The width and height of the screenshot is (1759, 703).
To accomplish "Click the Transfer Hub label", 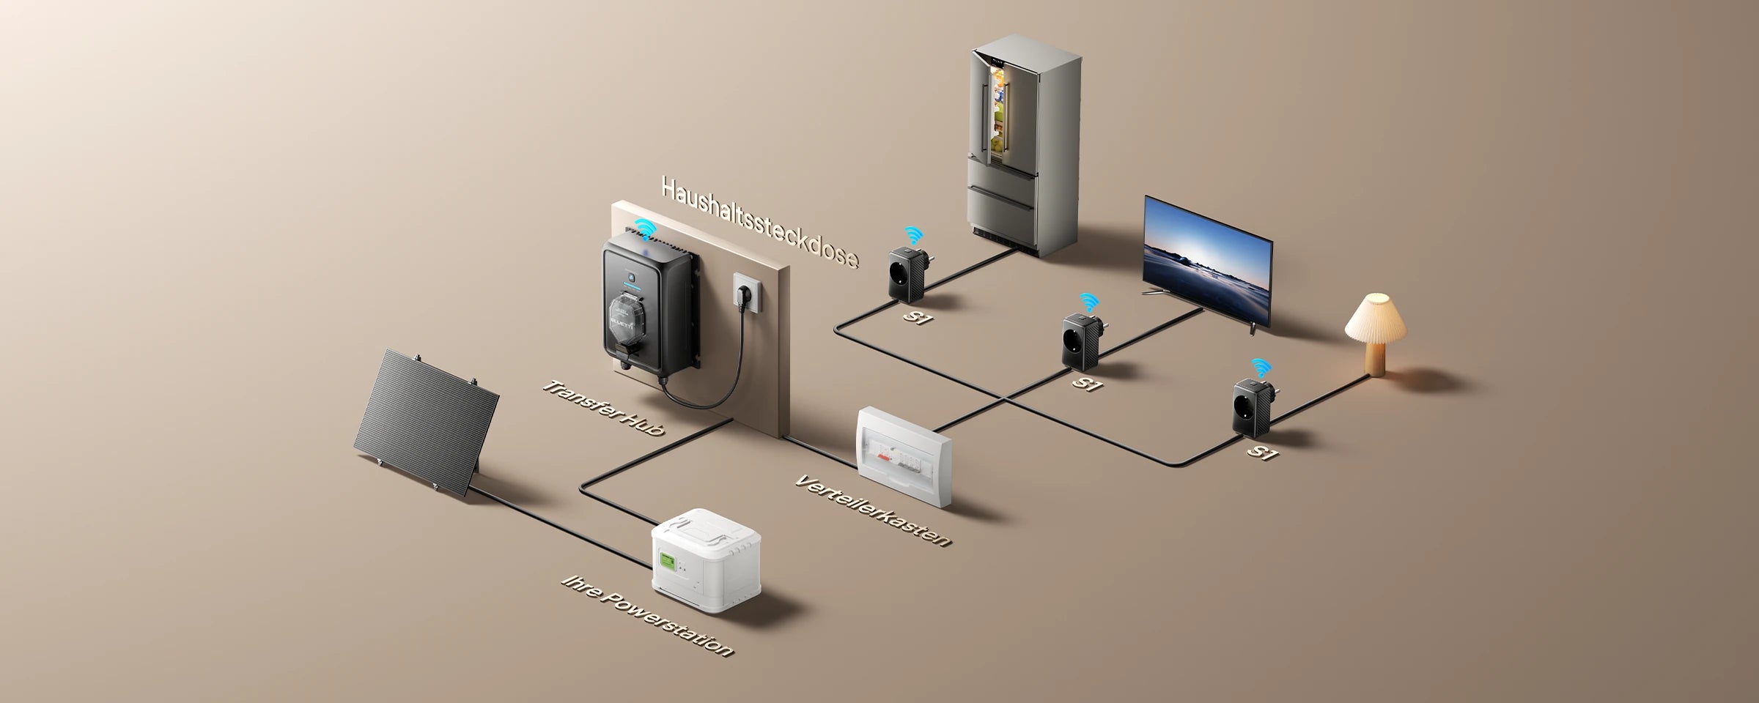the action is tap(604, 408).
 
